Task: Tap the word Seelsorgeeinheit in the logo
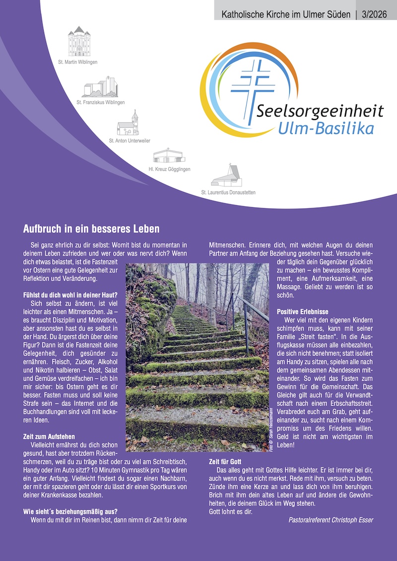(x=320, y=110)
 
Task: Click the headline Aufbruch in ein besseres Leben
(x=91, y=229)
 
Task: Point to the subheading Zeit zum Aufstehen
(x=49, y=437)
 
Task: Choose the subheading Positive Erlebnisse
(x=302, y=312)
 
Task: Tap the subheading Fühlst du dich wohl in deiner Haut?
(x=70, y=295)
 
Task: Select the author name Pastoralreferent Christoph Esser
(x=331, y=520)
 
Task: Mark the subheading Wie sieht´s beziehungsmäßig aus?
(x=70, y=511)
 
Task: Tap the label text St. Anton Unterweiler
(x=130, y=141)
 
